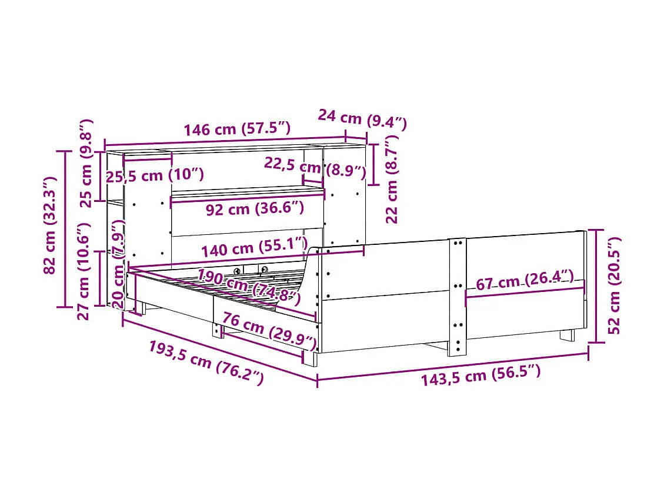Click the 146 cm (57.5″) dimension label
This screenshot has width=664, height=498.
[x=236, y=129]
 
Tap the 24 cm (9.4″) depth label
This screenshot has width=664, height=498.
[x=362, y=119]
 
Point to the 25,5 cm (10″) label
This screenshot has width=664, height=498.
[x=155, y=175]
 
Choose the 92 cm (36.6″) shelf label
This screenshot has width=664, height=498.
[x=254, y=208]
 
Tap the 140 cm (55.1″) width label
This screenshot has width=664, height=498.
[x=254, y=248]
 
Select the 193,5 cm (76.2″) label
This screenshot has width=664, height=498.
[x=205, y=363]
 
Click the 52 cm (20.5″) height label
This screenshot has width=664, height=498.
[x=614, y=285]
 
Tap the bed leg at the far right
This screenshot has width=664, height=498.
[x=566, y=335]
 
